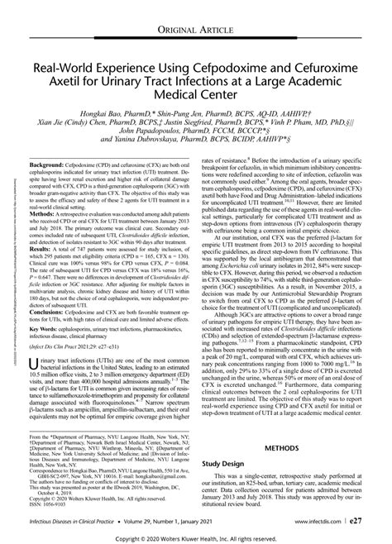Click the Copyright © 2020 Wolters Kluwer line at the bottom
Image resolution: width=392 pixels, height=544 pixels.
pyautogui.click(x=196, y=538)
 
